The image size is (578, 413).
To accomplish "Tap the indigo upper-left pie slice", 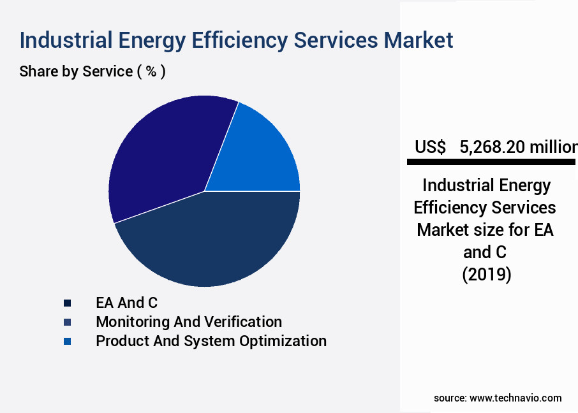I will click(x=166, y=153).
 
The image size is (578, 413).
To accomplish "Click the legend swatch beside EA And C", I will click(x=67, y=303).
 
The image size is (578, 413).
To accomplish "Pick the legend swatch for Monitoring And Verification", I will click(x=67, y=322).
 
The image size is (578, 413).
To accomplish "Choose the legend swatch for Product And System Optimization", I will click(x=67, y=341).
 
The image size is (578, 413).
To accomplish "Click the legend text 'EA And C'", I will click(x=126, y=303).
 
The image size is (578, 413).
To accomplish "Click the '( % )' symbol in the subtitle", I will click(x=151, y=71).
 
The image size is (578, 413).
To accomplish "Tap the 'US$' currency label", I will click(x=430, y=147).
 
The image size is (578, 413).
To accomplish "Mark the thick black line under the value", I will click(x=491, y=163).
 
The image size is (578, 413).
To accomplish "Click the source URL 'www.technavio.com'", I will click(x=515, y=398).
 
